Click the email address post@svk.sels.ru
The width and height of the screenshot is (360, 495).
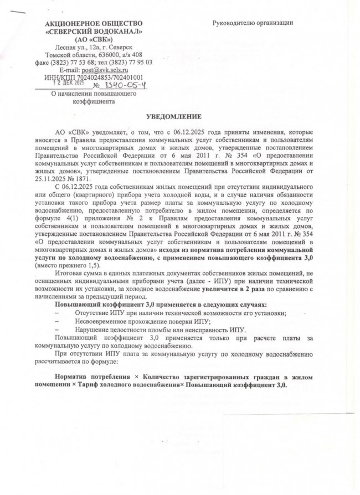click(x=105, y=70)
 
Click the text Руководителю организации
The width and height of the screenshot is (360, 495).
click(x=253, y=23)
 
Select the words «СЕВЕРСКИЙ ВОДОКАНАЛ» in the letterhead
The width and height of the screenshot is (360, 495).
click(x=93, y=32)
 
